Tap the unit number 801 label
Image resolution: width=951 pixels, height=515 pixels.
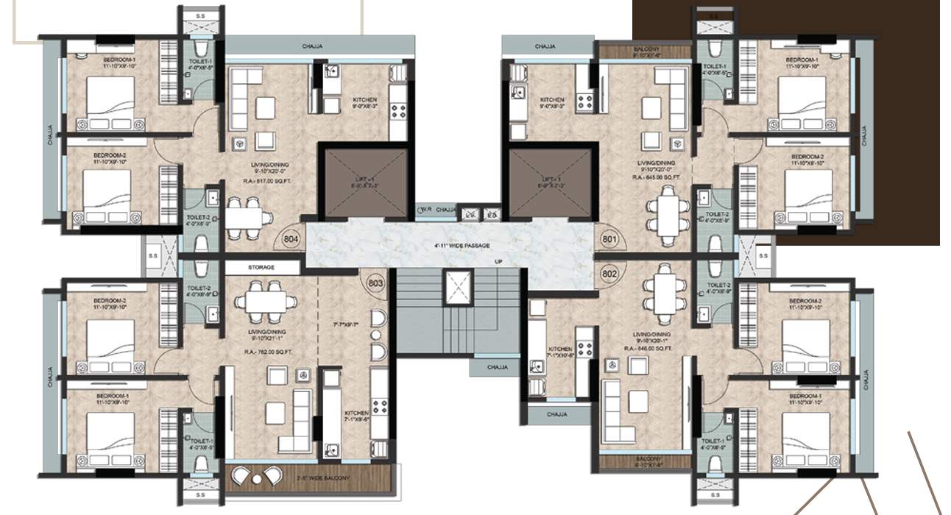coord(609,238)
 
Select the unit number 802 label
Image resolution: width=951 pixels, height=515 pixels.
coord(609,273)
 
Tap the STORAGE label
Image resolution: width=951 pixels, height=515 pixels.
coord(261,268)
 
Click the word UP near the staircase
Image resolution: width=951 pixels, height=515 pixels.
coord(498,262)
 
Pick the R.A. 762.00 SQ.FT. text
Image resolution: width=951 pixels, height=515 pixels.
coord(268,350)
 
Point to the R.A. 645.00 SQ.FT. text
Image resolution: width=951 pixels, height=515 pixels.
coord(656,177)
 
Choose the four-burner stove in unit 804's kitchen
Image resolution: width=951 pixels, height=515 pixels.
coord(398,111)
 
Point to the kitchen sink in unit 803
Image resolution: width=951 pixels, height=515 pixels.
coord(332,450)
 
